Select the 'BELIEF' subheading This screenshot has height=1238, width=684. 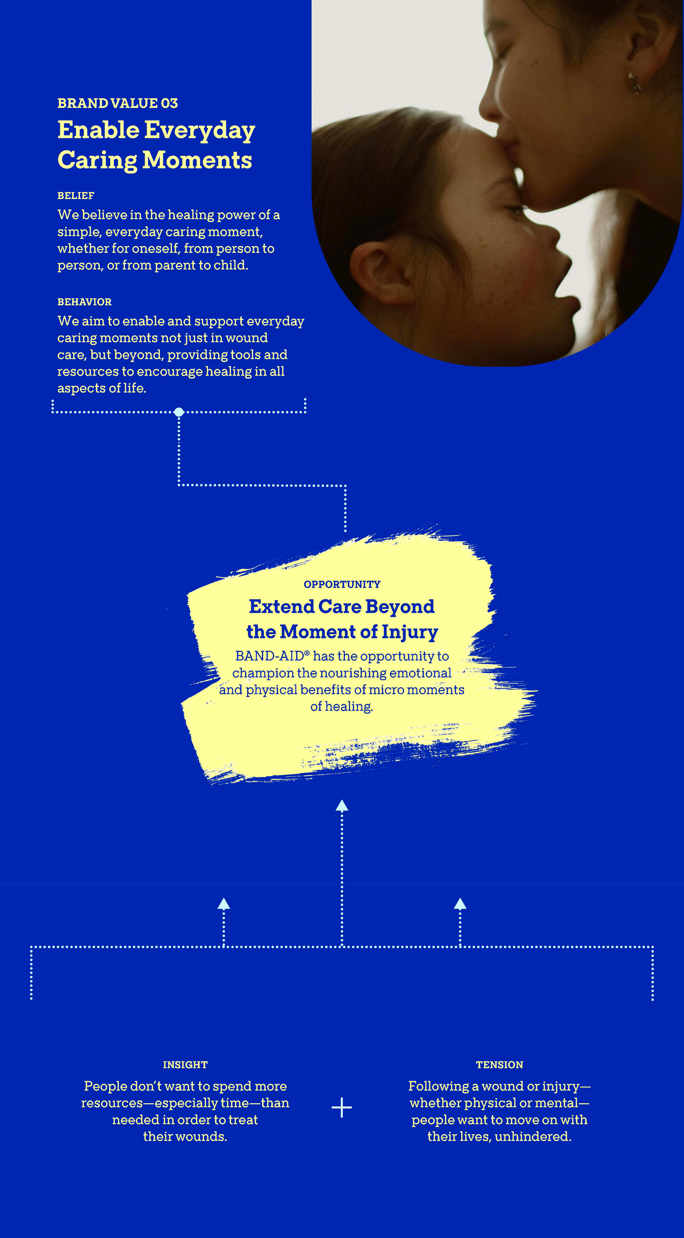click(x=76, y=196)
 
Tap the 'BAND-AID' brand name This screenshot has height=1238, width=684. click(x=269, y=656)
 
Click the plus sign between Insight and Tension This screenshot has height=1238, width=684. click(x=341, y=1107)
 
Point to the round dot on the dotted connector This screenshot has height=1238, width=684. click(x=179, y=412)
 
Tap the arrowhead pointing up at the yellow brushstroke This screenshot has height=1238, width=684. click(x=341, y=806)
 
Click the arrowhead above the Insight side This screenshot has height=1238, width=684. click(x=223, y=904)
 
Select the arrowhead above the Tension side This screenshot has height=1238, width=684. click(x=460, y=904)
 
